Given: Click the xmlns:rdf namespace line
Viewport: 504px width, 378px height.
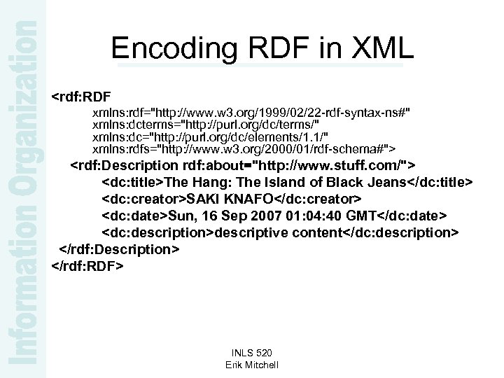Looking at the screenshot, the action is pyautogui.click(x=252, y=112).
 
